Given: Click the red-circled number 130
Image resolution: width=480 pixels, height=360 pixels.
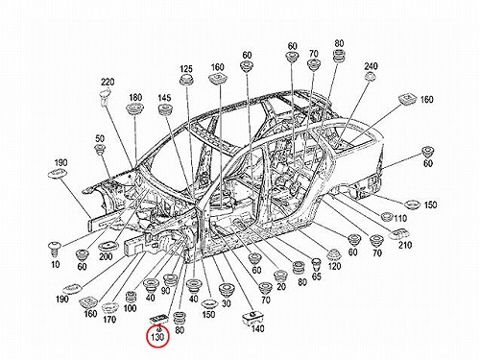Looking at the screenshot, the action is (x=157, y=337).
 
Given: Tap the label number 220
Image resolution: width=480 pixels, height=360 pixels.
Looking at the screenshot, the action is (x=108, y=83).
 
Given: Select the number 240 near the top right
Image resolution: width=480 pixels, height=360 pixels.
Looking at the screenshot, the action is (x=371, y=66).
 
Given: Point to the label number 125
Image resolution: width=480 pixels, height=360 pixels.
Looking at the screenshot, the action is (x=186, y=69).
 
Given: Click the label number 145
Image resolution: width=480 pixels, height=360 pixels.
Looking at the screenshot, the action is (x=164, y=98).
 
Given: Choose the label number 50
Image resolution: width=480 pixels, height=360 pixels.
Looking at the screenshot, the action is (x=100, y=138).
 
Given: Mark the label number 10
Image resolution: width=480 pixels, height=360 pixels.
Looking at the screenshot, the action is (x=56, y=264).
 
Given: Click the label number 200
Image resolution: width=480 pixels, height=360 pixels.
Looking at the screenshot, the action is (x=106, y=256).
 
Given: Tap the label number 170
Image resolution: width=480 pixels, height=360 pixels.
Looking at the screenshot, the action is (x=109, y=319).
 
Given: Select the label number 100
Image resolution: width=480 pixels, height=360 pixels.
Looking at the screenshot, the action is (x=130, y=308).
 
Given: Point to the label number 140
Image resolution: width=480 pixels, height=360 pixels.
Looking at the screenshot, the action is (x=257, y=328).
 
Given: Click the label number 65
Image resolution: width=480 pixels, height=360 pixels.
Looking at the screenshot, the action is (x=316, y=276).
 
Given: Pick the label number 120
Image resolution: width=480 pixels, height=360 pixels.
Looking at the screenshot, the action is (x=334, y=266).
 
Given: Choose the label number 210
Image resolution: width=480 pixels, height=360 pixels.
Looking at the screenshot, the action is (x=405, y=245).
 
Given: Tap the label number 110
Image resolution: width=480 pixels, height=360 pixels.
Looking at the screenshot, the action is (x=400, y=218).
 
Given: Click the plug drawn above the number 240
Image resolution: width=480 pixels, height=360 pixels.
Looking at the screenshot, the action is (x=371, y=77).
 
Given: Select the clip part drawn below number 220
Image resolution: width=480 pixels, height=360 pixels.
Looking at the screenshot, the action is (x=105, y=97).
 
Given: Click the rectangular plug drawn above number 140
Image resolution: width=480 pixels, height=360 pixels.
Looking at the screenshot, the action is (x=251, y=317).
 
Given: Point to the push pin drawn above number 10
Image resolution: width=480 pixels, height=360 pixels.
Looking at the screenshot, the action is (x=54, y=250).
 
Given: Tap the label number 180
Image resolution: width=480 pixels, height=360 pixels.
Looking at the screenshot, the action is (x=135, y=98).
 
